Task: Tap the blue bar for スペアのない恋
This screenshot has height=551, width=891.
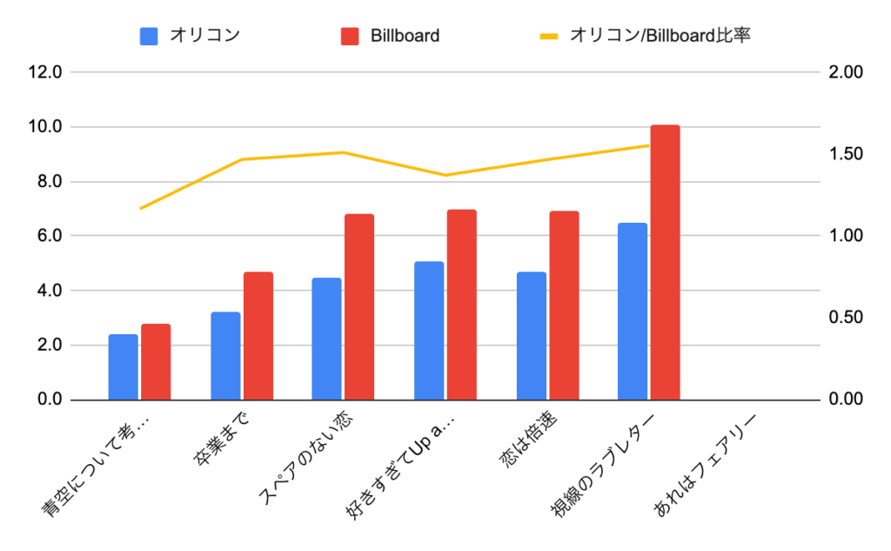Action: [x=327, y=339]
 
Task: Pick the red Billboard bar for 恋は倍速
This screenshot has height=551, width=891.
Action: [x=563, y=305]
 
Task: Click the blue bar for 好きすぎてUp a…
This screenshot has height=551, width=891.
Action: [x=429, y=330]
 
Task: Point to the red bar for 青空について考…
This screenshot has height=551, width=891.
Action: [x=156, y=361]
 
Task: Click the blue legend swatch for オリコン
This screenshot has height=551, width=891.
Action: [x=149, y=37]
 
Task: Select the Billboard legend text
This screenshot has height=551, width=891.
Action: [x=405, y=37]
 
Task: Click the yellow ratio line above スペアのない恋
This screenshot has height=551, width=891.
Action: [x=343, y=152]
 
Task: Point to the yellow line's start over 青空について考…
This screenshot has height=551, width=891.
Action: [x=140, y=208]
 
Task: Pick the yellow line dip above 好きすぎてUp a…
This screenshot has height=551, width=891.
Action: [x=445, y=175]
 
